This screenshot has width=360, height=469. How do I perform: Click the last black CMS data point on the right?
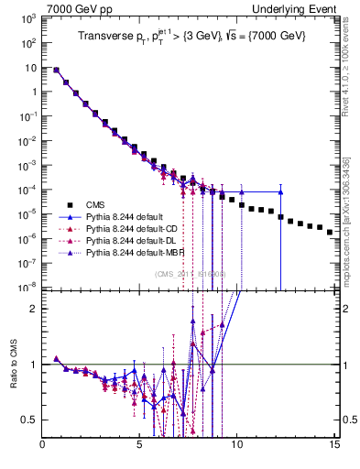coord(330,233)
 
